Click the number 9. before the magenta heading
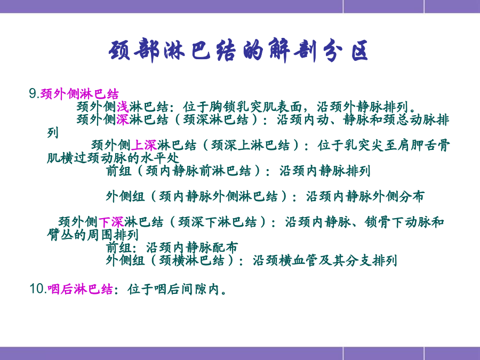34,93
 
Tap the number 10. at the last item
38,289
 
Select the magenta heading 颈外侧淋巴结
79,94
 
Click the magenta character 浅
123,107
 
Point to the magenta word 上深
144,145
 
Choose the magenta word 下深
111,222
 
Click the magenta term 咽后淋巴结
80,289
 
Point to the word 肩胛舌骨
423,145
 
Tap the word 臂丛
60,235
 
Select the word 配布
225,247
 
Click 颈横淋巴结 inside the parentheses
191,260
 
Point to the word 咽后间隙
180,289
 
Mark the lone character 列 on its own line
53,133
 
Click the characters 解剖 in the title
291,51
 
